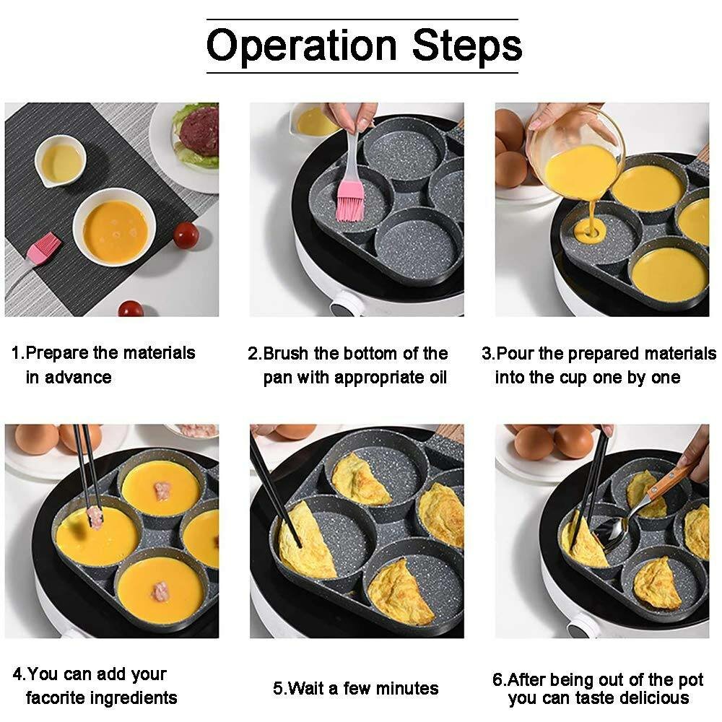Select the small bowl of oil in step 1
[60, 161]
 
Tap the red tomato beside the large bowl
[186, 235]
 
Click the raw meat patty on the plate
[199, 131]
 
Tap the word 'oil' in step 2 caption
[435, 378]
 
